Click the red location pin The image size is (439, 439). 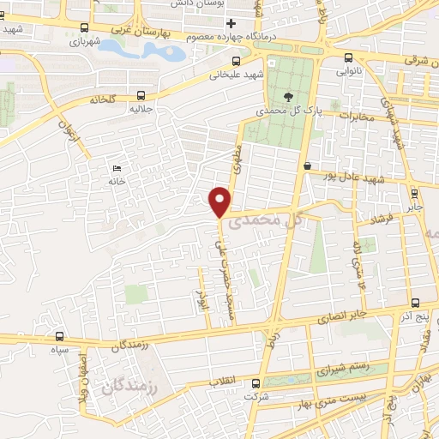[x=220, y=201]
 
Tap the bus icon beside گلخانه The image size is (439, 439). [x=140, y=96]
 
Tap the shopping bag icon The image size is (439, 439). [x=307, y=165]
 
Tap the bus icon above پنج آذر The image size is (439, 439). [x=416, y=304]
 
